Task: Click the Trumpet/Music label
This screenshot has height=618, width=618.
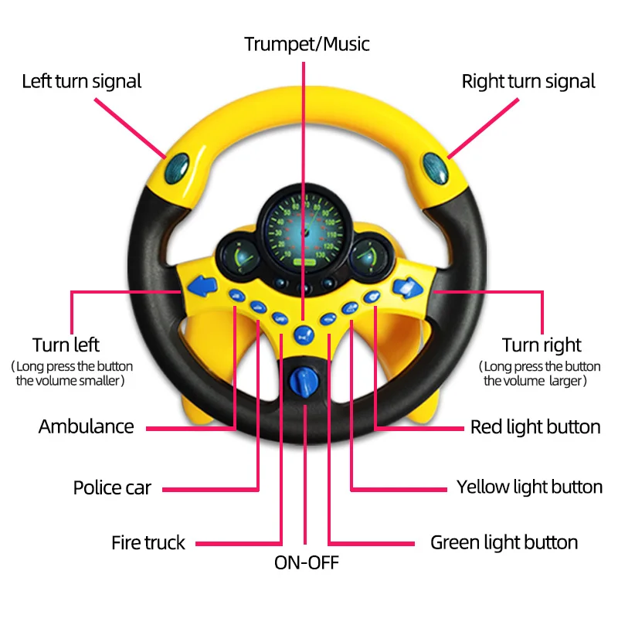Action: pyautogui.click(x=307, y=44)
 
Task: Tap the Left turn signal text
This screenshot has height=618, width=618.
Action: pyautogui.click(x=81, y=81)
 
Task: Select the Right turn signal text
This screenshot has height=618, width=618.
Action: pyautogui.click(x=528, y=81)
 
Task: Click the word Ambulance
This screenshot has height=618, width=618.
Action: pyautogui.click(x=86, y=426)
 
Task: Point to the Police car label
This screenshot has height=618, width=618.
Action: pyautogui.click(x=112, y=487)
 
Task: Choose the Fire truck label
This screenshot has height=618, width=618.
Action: pyautogui.click(x=148, y=542)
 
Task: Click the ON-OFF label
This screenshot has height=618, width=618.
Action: pyautogui.click(x=306, y=562)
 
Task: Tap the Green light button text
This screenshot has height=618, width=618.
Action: pyautogui.click(x=504, y=542)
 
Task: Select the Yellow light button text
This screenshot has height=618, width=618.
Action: pyautogui.click(x=529, y=487)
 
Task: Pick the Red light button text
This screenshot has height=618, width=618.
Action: pyautogui.click(x=535, y=426)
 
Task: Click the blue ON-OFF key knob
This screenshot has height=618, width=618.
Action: pyautogui.click(x=305, y=381)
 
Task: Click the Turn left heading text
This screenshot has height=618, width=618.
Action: pyautogui.click(x=66, y=345)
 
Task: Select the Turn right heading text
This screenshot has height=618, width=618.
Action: pyautogui.click(x=542, y=345)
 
